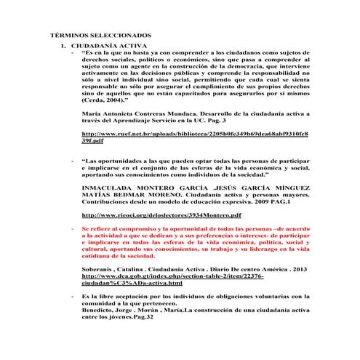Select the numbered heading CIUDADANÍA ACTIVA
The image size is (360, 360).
coord(104,45)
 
